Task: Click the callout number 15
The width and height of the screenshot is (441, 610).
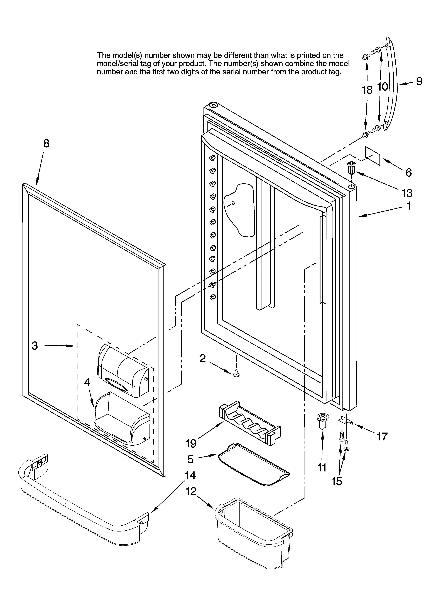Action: pos(337,481)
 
